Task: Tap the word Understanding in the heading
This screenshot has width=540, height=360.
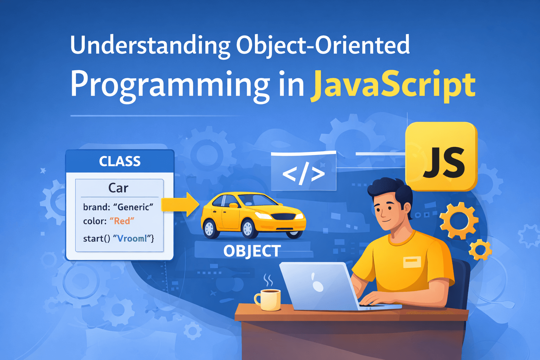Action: (x=150, y=45)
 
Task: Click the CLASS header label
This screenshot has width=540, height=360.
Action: (x=120, y=161)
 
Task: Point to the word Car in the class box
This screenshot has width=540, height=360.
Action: (x=118, y=188)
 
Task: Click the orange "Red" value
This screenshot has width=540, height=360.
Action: (x=122, y=221)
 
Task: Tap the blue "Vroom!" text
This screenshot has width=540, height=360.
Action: (x=132, y=238)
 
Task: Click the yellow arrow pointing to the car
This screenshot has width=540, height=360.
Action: (x=180, y=205)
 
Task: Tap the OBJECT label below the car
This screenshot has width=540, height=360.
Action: (x=252, y=251)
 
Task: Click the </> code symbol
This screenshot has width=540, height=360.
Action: (x=303, y=173)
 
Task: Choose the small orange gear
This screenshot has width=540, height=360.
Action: (x=481, y=250)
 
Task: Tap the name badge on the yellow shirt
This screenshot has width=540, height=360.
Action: (x=412, y=262)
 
